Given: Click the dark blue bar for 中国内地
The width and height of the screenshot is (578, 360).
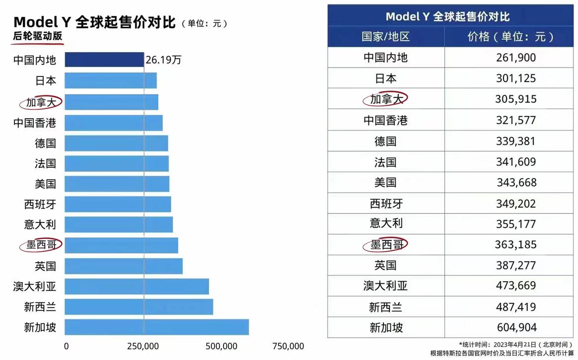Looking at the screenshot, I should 104,60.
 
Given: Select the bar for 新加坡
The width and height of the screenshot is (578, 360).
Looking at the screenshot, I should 156,327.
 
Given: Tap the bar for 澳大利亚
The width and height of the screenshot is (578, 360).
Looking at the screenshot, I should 137,287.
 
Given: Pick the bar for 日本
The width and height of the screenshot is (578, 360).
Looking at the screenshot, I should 111,80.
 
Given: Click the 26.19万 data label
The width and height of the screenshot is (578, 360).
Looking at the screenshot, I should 163,61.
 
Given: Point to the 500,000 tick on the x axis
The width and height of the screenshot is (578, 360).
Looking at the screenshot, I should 220,346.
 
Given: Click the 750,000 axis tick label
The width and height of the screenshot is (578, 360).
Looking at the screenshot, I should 289,346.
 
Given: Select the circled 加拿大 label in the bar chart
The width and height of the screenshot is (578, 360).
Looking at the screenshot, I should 41,102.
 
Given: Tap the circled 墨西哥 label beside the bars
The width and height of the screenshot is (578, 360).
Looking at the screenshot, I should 41,245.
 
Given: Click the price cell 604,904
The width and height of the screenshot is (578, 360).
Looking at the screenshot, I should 516,328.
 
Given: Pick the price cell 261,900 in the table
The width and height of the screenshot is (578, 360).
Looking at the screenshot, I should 516,58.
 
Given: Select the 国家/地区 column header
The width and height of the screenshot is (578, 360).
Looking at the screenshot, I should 385,37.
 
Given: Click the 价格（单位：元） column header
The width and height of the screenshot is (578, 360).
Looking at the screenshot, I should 510,37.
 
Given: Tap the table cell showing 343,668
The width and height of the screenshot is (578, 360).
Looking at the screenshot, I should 516,182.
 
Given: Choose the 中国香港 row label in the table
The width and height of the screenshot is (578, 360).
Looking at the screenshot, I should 385,120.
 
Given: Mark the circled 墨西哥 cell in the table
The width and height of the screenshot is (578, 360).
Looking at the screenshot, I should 385,244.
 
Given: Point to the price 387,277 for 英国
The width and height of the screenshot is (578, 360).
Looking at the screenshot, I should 516,265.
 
